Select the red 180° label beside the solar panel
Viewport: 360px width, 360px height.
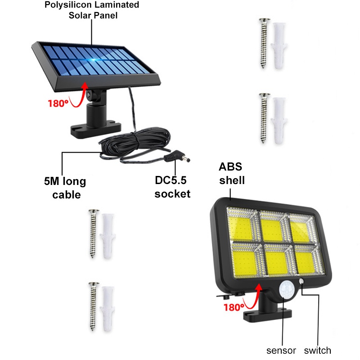[58, 103]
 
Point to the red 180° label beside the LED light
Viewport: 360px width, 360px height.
[234, 307]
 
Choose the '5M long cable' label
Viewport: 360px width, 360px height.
[63, 188]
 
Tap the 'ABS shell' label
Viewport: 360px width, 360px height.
[232, 174]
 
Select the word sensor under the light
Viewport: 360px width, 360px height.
[281, 351]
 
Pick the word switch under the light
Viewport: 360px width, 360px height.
[318, 351]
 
